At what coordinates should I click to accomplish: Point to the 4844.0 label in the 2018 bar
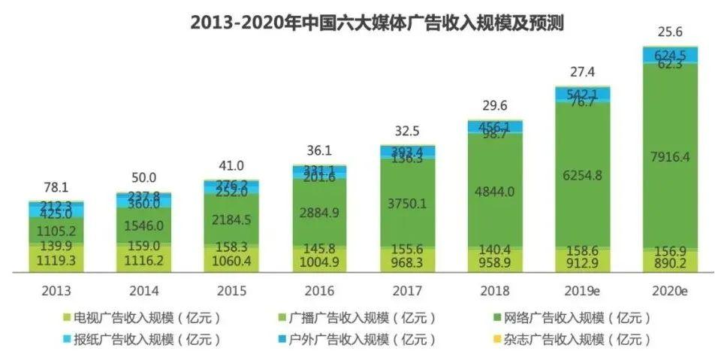[495, 191]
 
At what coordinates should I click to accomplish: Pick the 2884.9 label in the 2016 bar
[320, 213]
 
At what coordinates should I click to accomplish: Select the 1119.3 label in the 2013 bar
[56, 260]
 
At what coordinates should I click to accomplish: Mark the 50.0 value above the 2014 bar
[144, 178]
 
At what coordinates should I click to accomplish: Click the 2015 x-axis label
[232, 289]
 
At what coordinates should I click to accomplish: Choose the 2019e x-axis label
[583, 289]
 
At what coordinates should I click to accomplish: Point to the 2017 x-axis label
[407, 289]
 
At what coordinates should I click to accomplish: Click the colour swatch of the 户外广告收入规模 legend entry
[285, 340]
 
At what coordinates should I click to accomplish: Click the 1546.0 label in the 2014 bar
[144, 224]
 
